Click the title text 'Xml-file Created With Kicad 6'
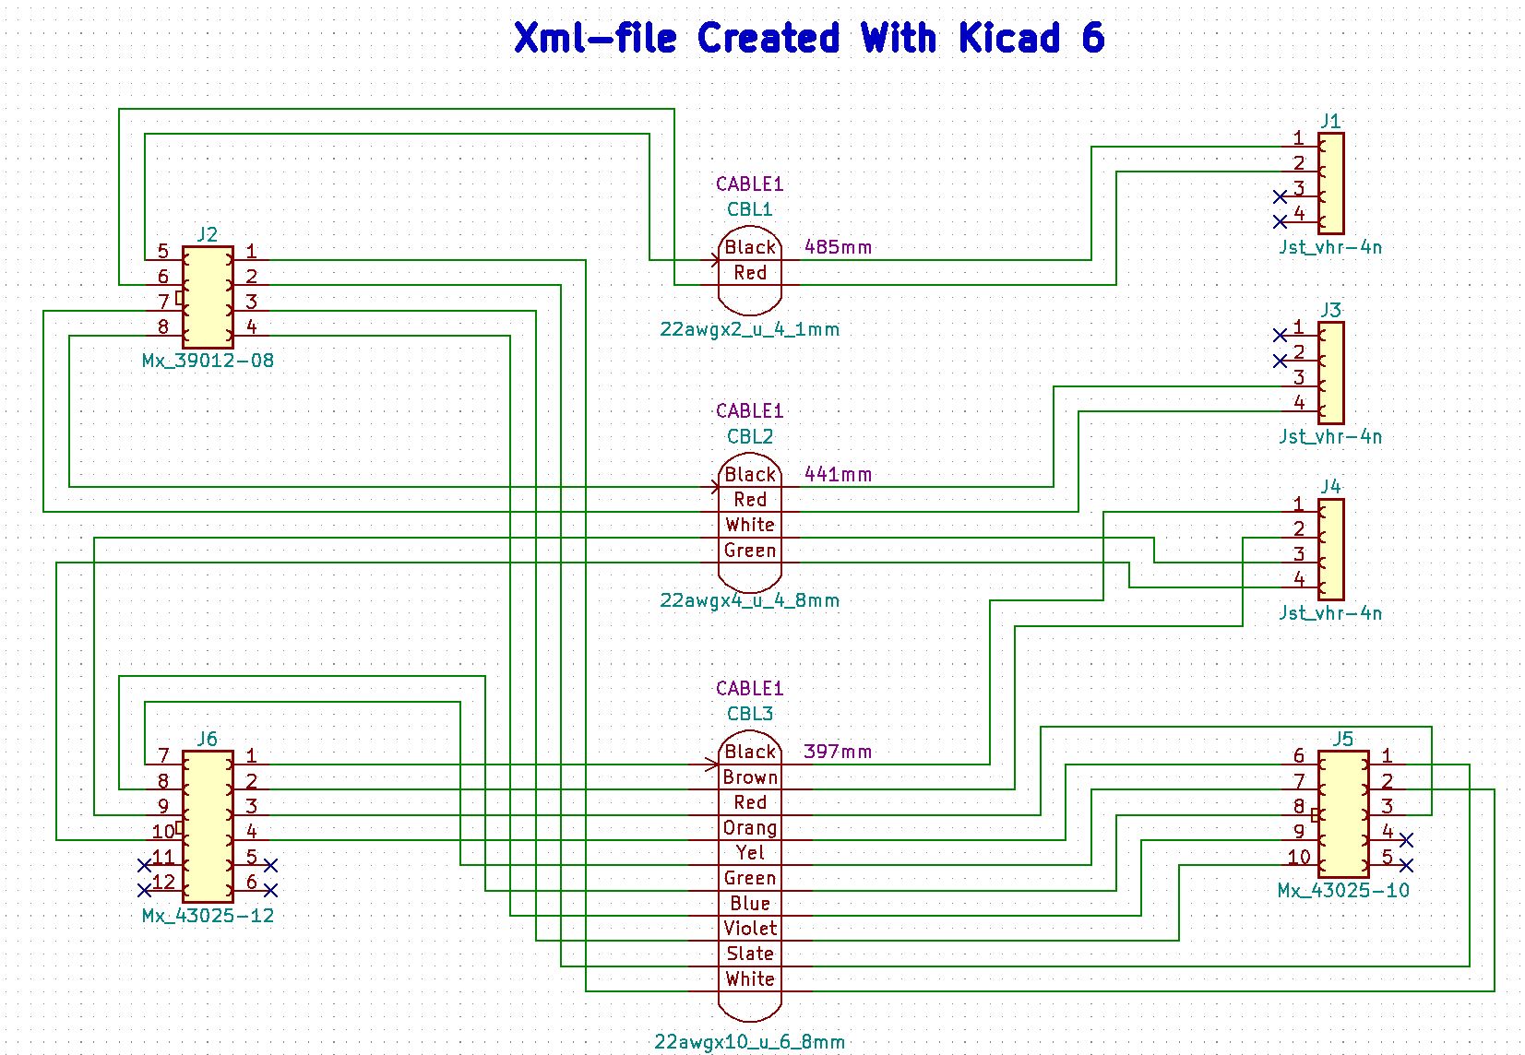(x=808, y=39)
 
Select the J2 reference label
(x=208, y=234)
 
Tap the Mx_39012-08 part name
(x=208, y=361)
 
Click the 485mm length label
(x=838, y=247)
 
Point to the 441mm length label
(x=838, y=474)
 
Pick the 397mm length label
(x=838, y=752)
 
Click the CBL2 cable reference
(x=749, y=436)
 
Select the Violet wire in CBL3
(x=749, y=929)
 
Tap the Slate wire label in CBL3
(x=749, y=954)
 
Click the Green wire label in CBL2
(x=749, y=551)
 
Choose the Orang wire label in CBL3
(x=749, y=828)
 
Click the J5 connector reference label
(x=1342, y=739)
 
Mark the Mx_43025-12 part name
(x=208, y=916)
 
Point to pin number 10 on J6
(x=162, y=832)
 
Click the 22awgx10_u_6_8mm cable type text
(x=749, y=1042)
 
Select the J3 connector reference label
(x=1329, y=310)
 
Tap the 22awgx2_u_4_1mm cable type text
(x=749, y=329)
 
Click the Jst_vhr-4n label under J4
(x=1329, y=613)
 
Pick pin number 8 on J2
(x=163, y=326)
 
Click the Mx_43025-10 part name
(x=1342, y=891)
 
